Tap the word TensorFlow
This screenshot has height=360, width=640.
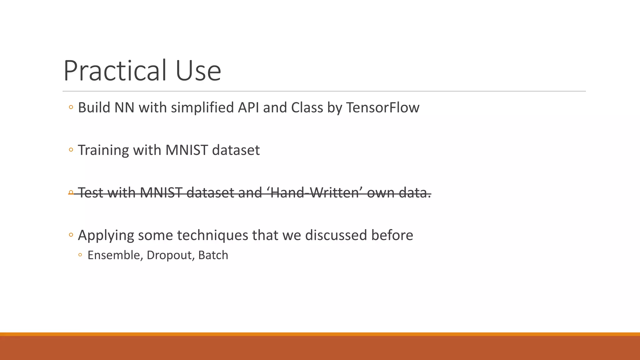pyautogui.click(x=382, y=107)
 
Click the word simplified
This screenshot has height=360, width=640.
pyautogui.click(x=202, y=107)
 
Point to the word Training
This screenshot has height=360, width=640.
pyautogui.click(x=103, y=150)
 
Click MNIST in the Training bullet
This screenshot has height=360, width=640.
pyautogui.click(x=187, y=150)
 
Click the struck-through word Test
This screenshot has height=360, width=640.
pyautogui.click(x=90, y=193)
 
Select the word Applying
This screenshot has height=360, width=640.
pyautogui.click(x=106, y=235)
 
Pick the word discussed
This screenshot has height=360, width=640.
pyautogui.click(x=336, y=235)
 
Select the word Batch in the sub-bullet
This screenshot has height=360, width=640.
pyautogui.click(x=213, y=255)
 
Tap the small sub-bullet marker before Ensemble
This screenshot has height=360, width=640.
pyautogui.click(x=80, y=255)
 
